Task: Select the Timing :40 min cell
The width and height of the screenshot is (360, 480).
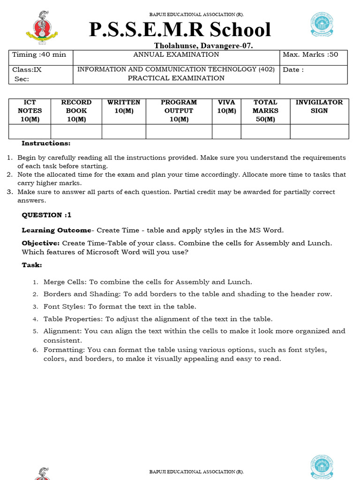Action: [x=39, y=55]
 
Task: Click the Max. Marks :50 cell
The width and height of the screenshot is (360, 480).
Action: [x=313, y=55]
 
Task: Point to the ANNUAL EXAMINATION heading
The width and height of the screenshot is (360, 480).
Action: [x=176, y=55]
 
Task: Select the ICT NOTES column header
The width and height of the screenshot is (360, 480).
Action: [x=30, y=111]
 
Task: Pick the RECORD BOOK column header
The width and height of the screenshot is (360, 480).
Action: [x=76, y=111]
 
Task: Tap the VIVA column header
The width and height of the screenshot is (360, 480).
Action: [x=226, y=106]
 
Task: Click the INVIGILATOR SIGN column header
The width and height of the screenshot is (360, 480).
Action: [x=319, y=106]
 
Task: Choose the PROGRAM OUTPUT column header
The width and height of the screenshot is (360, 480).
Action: [x=179, y=111]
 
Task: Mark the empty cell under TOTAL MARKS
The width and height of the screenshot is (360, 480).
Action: [x=265, y=132]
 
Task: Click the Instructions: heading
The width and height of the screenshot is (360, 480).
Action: [x=46, y=143]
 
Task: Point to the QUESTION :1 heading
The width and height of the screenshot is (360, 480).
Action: [x=46, y=215]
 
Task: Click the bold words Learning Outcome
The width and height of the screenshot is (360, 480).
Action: [x=56, y=230]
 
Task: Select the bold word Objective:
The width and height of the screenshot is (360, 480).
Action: [x=41, y=243]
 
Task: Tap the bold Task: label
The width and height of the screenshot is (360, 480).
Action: [x=32, y=265]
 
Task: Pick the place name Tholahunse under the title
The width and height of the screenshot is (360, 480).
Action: [x=176, y=45]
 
